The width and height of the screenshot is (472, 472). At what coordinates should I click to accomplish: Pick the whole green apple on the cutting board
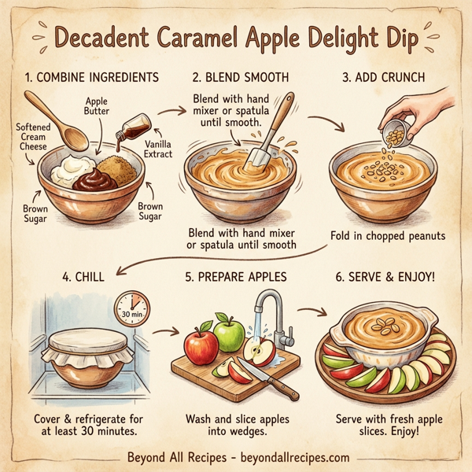click(x=229, y=334)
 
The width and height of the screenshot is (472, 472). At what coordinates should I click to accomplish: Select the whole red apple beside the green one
click(x=201, y=347)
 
